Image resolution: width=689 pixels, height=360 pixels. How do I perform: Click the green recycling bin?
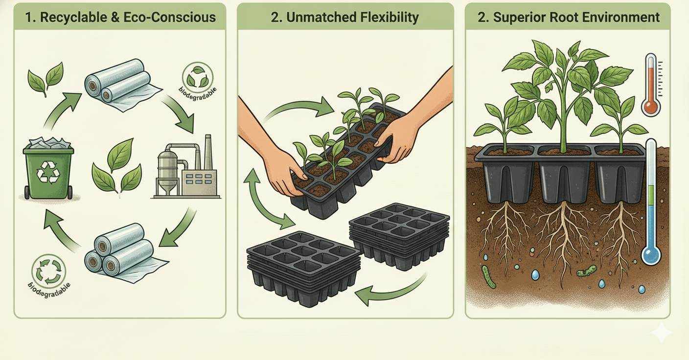coord(48,168)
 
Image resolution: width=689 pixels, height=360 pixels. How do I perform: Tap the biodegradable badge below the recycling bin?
coord(47,272)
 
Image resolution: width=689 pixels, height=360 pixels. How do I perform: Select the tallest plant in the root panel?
coord(563,93)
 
